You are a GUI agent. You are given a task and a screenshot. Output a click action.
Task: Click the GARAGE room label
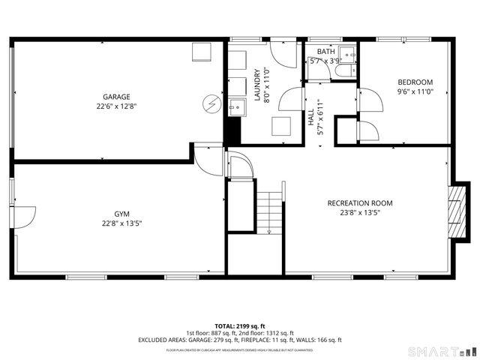pos(116,97)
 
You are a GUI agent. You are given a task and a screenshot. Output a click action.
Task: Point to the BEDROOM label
pos(415,82)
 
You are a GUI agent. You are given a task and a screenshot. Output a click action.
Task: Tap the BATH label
pos(325,52)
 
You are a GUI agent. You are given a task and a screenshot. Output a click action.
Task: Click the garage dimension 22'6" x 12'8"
pos(116,106)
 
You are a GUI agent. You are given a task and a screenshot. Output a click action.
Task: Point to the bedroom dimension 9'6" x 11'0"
pos(415,91)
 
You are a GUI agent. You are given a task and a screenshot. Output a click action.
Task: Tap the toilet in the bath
pos(345,72)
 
